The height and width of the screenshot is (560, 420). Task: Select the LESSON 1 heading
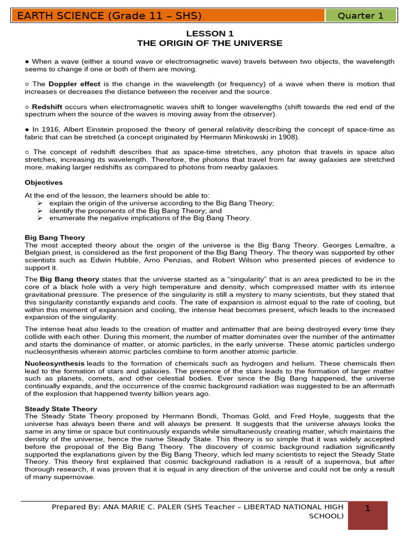point(209,34)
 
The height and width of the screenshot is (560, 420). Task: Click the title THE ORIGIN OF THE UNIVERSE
point(209,43)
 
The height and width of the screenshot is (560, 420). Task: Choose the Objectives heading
point(44,183)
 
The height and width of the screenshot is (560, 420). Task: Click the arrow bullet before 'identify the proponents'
point(40,211)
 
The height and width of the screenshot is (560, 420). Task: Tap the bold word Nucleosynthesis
point(55,364)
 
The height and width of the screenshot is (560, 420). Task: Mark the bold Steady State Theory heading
point(61,409)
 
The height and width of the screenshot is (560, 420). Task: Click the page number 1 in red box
point(367,509)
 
